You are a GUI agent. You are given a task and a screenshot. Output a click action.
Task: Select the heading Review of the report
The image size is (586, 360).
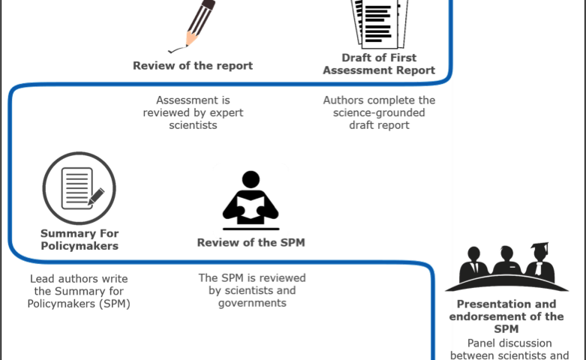(x=193, y=65)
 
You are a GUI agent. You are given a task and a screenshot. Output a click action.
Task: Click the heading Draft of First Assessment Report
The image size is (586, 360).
(x=389, y=64)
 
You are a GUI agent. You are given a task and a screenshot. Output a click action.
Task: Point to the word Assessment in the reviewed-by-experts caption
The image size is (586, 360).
(x=193, y=100)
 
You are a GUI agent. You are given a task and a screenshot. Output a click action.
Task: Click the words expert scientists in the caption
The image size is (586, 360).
(x=193, y=119)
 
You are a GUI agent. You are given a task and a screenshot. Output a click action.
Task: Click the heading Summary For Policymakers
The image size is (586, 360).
(x=79, y=239)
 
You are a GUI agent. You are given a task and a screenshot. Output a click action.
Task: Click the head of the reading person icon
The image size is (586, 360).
(x=251, y=179)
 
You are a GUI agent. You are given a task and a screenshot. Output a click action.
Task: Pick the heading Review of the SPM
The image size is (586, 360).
(x=251, y=242)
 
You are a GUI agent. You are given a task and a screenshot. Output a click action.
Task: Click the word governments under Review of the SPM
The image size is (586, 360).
(x=252, y=303)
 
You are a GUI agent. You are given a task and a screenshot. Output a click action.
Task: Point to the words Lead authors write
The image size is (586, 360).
(x=79, y=278)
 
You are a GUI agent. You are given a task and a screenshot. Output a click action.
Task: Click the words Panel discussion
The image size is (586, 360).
(x=507, y=343)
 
